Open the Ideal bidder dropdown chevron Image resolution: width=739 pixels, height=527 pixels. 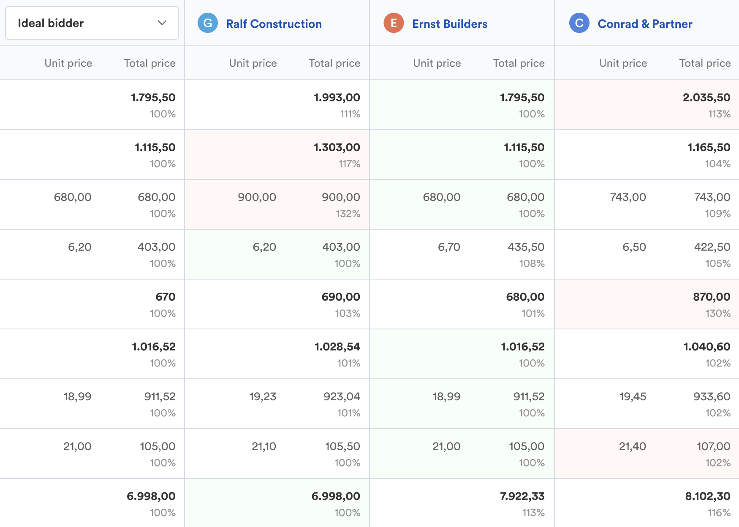click(162, 23)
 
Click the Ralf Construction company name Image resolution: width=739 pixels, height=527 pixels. click(274, 24)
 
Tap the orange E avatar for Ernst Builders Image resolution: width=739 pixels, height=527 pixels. click(394, 23)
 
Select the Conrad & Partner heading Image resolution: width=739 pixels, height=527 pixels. click(645, 24)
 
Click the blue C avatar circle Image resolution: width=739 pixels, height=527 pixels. click(579, 23)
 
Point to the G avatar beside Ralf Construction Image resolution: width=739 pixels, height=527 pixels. click(208, 23)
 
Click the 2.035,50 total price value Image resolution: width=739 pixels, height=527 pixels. click(706, 98)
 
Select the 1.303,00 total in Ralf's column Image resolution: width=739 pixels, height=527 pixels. click(337, 147)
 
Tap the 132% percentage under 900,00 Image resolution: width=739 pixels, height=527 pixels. click(348, 214)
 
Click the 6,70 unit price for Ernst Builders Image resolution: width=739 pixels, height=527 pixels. click(449, 247)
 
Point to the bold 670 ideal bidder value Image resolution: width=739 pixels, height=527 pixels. click(165, 297)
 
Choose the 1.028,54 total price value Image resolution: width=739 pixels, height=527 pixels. click(337, 347)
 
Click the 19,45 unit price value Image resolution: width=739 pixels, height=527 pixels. click(633, 397)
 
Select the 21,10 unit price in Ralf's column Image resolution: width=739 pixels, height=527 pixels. click(264, 446)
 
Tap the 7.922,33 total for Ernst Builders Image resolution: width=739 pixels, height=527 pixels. click(522, 496)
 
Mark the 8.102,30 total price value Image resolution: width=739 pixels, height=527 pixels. click(707, 496)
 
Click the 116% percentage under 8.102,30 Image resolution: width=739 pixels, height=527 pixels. click(719, 513)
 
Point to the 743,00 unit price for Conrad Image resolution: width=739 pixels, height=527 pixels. click(628, 197)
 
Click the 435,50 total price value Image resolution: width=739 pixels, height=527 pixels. click(526, 247)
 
